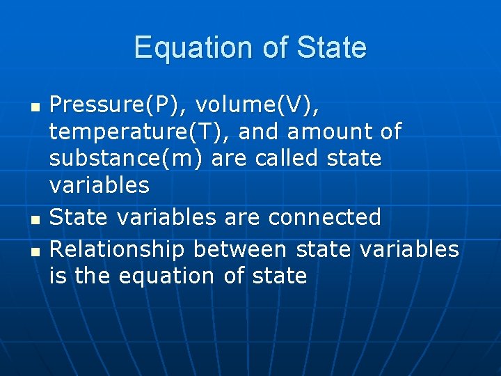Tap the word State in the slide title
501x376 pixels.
(x=331, y=48)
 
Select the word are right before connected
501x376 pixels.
(x=243, y=217)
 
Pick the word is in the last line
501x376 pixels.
(x=58, y=276)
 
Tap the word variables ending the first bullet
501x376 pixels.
(x=99, y=185)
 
